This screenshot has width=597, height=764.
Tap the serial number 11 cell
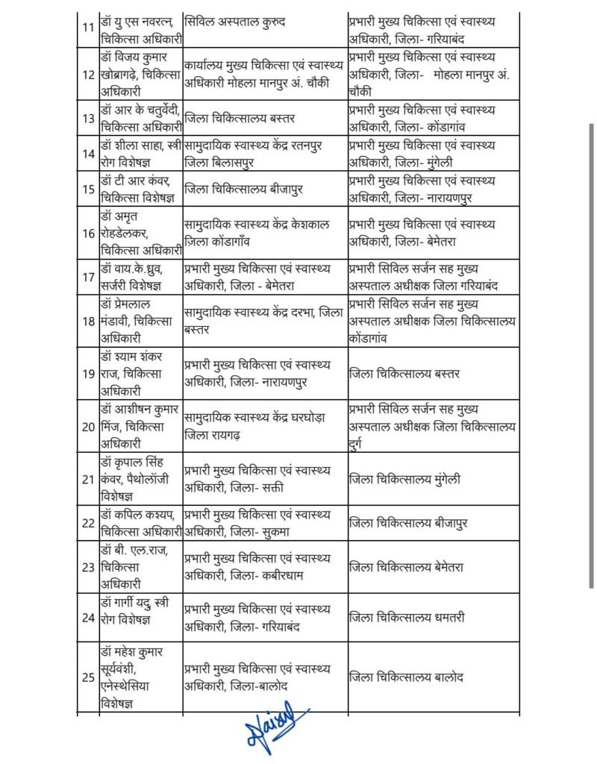pyautogui.click(x=88, y=28)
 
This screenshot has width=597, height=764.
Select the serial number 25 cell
pyautogui.click(x=88, y=677)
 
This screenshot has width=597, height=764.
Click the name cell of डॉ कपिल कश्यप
pyautogui.click(x=140, y=525)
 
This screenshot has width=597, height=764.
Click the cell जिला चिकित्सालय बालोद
pyautogui.click(x=433, y=677)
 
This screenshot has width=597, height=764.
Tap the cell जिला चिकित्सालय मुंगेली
pyautogui.click(x=433, y=479)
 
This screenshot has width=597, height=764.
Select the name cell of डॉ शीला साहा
pyautogui.click(x=140, y=153)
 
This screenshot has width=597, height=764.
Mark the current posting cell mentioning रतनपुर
pyautogui.click(x=264, y=153)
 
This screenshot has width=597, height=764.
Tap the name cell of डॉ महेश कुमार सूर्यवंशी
pyautogui.click(x=140, y=677)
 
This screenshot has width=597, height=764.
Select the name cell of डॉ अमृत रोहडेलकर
pyautogui.click(x=140, y=232)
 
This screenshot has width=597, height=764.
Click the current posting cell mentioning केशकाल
pyautogui.click(x=264, y=232)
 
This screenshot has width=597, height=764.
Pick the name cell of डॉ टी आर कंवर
pyautogui.click(x=140, y=189)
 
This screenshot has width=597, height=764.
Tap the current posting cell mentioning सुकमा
pyautogui.click(x=264, y=525)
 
